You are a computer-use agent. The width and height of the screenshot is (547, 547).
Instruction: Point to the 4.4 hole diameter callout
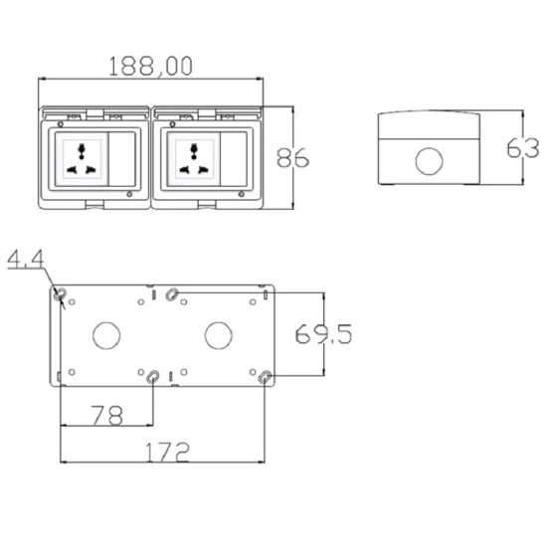25,262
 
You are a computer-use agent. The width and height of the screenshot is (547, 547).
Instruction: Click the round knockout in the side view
430,160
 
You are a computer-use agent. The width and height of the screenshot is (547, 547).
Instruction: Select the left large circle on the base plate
104,335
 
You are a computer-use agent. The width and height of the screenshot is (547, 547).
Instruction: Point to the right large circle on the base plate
217,335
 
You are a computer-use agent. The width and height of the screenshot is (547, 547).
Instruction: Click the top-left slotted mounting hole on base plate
62,294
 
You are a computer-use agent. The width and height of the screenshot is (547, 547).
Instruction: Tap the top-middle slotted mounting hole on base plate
173,293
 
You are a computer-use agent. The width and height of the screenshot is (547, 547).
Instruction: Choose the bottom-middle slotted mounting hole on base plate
152,378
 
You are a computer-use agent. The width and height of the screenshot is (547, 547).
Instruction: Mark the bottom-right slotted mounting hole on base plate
265,378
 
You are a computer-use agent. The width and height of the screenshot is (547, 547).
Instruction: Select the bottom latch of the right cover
207,207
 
